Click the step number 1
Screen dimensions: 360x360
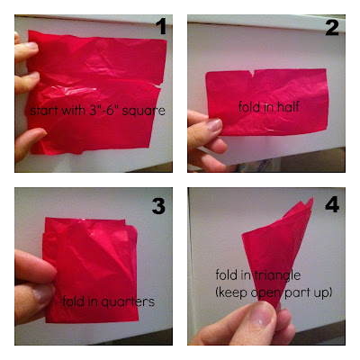[162, 26]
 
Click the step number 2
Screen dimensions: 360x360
[332, 28]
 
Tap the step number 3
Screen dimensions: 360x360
[158, 206]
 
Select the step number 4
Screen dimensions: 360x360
[332, 205]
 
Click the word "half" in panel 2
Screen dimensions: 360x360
[288, 106]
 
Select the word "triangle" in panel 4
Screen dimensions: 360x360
[277, 275]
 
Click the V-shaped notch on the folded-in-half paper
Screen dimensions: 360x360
[253, 73]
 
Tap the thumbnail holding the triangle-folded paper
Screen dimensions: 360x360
[262, 314]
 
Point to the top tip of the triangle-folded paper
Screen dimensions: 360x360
[311, 199]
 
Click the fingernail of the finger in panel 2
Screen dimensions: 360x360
[214, 124]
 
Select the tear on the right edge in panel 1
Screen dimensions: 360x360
[157, 85]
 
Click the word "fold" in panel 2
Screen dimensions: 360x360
[248, 106]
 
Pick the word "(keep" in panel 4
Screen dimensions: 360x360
[232, 292]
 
